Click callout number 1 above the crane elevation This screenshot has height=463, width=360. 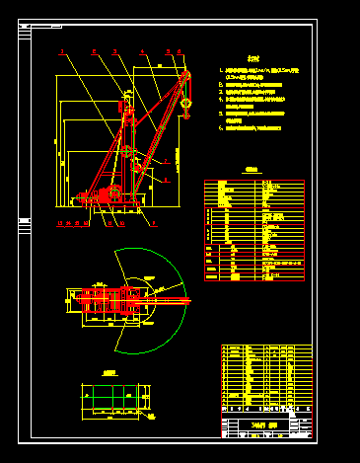click(61, 50)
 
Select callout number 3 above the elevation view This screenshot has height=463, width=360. click(115, 50)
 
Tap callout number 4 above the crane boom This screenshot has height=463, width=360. click(142, 50)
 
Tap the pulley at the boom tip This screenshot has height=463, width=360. click(184, 76)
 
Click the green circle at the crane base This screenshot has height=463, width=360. click(114, 190)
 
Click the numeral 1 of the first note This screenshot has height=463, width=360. click(221, 72)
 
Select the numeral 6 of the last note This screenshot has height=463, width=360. click(221, 127)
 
